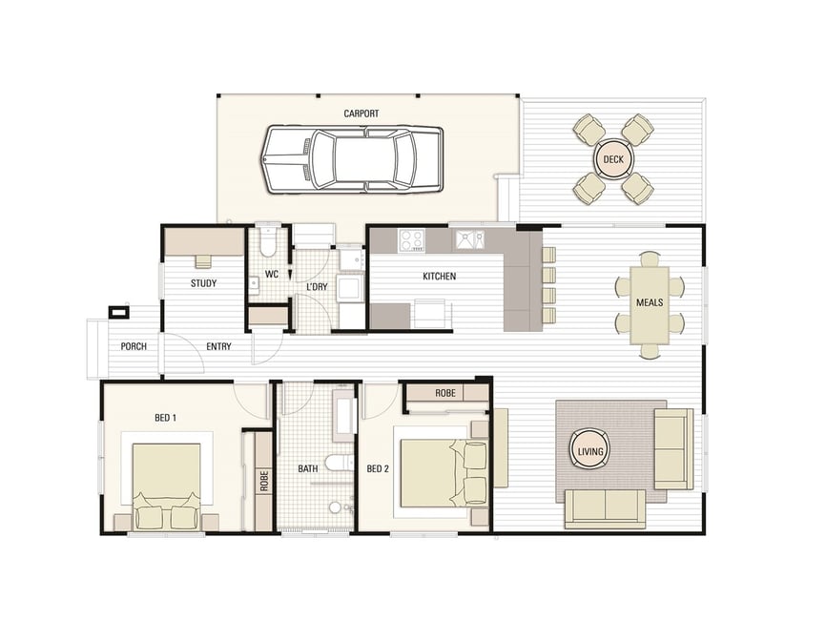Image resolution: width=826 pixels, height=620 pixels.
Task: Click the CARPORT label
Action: [x=361, y=114]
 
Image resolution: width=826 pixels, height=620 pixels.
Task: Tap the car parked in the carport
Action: [x=352, y=159]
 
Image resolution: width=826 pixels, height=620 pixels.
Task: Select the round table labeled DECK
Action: [x=613, y=159]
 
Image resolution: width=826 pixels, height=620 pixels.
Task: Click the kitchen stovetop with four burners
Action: [x=411, y=240]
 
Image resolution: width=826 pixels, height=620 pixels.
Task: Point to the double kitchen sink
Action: [x=470, y=239]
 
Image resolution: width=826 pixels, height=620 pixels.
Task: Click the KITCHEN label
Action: [x=440, y=276]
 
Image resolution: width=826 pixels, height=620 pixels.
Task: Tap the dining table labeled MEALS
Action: [x=650, y=305]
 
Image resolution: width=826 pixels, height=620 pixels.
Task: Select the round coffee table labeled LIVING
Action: [x=590, y=451]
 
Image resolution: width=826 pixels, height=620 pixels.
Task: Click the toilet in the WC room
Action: [x=268, y=239]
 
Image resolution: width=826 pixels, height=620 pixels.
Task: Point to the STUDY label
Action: [x=203, y=283]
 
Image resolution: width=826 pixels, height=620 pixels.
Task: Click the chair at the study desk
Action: [x=203, y=261]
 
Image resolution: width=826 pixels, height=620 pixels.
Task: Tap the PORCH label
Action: [x=134, y=346]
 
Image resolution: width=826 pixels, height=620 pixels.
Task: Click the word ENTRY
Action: [x=218, y=346]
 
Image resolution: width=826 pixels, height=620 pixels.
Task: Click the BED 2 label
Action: [x=378, y=469]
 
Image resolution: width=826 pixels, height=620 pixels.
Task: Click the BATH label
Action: [x=308, y=469]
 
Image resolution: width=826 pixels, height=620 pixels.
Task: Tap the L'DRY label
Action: [x=317, y=287]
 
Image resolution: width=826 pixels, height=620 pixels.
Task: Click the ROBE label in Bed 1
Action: [x=264, y=481]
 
